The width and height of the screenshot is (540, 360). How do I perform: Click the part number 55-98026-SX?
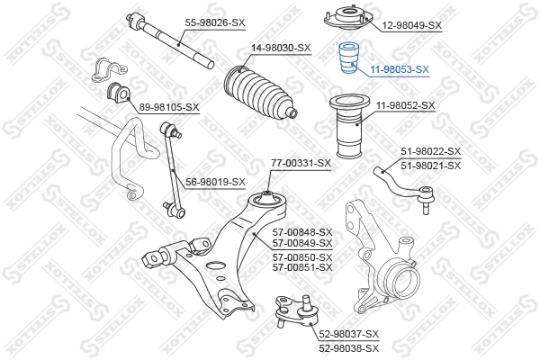(215, 23)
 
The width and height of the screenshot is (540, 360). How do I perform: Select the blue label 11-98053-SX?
(400, 69)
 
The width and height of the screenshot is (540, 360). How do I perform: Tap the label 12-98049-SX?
(412, 25)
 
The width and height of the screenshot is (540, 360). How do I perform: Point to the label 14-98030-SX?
(281, 48)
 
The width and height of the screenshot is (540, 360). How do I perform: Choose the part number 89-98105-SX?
(169, 107)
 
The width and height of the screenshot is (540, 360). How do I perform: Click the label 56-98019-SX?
(216, 182)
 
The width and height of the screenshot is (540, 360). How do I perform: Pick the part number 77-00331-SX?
(301, 163)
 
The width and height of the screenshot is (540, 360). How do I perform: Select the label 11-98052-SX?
(406, 105)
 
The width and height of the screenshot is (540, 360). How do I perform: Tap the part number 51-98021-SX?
(430, 166)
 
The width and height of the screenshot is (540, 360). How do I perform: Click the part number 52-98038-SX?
(349, 348)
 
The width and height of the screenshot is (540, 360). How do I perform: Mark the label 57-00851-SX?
(302, 267)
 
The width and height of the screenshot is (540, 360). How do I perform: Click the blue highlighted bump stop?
(349, 58)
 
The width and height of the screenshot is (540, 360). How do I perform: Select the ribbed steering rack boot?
(259, 92)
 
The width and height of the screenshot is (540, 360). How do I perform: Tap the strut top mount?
(348, 18)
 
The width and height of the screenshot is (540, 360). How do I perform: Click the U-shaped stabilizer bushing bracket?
(109, 69)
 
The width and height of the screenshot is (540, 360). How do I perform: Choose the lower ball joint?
(295, 311)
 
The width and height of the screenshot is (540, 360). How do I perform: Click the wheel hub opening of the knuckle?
(406, 283)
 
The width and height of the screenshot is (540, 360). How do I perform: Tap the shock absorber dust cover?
(349, 127)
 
